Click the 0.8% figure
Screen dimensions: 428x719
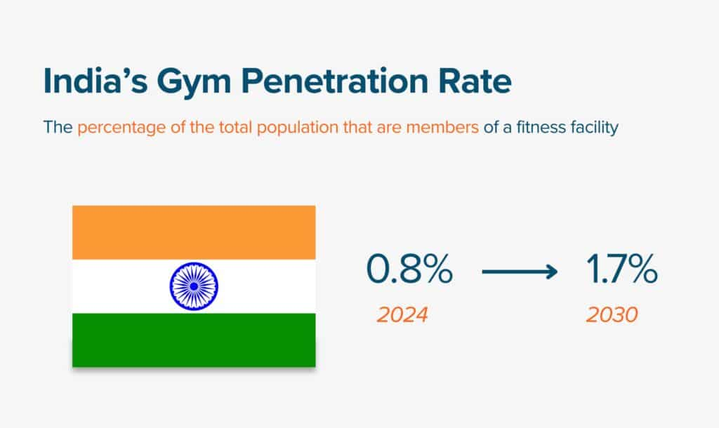click(x=409, y=271)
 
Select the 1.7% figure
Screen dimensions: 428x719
click(x=622, y=271)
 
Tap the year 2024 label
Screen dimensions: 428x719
click(x=402, y=314)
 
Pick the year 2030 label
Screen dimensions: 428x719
click(x=612, y=314)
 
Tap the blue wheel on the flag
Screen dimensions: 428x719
click(x=194, y=286)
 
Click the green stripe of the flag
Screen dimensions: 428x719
click(x=194, y=340)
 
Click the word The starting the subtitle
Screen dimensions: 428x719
click(x=58, y=129)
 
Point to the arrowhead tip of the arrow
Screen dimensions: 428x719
click(x=557, y=272)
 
